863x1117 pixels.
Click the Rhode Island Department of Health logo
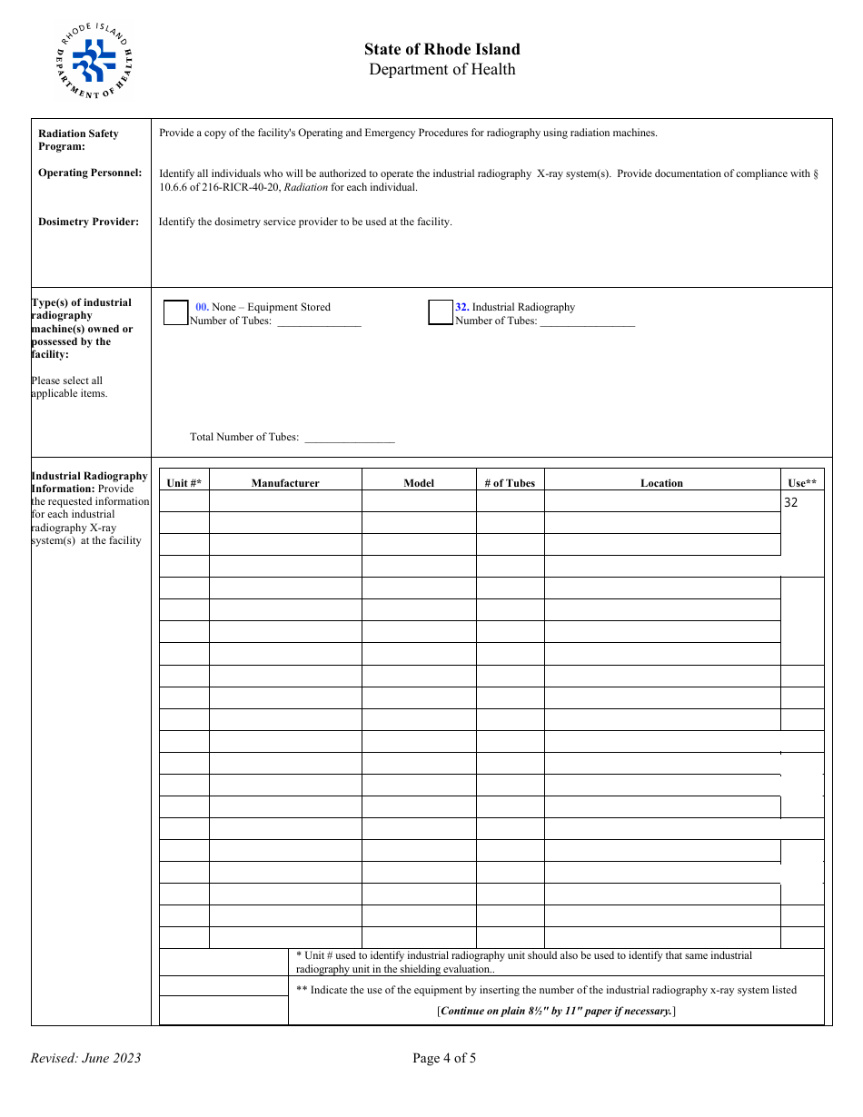click(94, 61)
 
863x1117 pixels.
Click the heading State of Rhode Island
click(441, 49)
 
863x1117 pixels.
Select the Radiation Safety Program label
click(78, 140)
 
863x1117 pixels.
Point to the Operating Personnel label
click(90, 173)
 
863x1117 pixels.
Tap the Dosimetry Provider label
click(88, 222)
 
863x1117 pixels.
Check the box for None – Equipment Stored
click(175, 312)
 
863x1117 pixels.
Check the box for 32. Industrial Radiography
click(441, 312)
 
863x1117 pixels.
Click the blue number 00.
click(202, 307)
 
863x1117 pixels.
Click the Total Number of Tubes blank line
click(349, 438)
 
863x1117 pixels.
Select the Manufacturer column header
click(285, 483)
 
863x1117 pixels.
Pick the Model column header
click(419, 483)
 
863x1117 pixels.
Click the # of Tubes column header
click(510, 483)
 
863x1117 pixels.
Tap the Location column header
click(661, 483)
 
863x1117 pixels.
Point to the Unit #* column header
click(184, 483)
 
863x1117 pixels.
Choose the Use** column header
click(802, 483)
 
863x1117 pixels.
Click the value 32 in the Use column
click(791, 502)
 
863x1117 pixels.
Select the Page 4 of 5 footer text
click(444, 1058)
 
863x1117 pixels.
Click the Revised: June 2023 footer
click(85, 1058)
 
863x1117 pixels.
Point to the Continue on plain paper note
click(556, 1011)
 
